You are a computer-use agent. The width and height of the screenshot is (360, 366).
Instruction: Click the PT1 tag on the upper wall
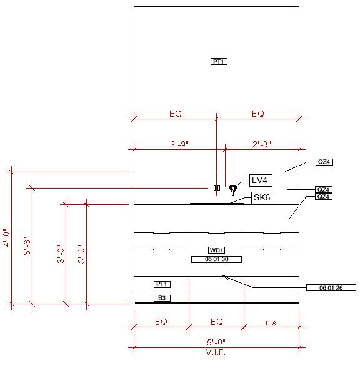tap(219, 62)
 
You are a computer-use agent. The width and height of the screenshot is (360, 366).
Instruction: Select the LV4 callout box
tap(261, 181)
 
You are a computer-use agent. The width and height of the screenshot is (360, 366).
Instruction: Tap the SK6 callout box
tap(262, 198)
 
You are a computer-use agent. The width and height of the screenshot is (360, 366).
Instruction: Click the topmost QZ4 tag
tap(324, 162)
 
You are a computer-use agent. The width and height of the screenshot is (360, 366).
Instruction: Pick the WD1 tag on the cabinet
tap(216, 250)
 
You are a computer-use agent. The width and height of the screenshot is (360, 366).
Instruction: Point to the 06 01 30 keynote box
tap(216, 259)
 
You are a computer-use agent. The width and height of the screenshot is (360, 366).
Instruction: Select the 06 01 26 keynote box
tap(331, 287)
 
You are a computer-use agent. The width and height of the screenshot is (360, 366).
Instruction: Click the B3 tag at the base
tap(162, 298)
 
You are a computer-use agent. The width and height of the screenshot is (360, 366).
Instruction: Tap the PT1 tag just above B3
tap(162, 284)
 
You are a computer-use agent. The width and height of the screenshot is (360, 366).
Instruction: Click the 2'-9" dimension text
tap(179, 144)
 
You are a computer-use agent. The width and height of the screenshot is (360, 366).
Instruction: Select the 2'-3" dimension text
tap(262, 144)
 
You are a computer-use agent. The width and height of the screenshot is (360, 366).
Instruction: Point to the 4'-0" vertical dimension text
tap(7, 237)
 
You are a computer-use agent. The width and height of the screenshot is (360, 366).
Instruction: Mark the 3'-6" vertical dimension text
tap(27, 246)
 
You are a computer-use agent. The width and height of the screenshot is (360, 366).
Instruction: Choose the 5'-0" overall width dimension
tap(216, 342)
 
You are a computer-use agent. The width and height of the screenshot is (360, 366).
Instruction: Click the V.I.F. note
tap(216, 352)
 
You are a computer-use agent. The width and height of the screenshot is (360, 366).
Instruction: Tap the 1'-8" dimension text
tap(271, 323)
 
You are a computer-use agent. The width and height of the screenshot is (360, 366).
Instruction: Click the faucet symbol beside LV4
tap(232, 189)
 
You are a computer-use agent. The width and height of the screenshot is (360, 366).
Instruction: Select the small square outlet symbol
tap(217, 188)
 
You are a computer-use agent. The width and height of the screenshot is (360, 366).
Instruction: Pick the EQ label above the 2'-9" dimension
tap(176, 114)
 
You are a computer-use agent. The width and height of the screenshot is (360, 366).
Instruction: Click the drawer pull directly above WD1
tap(216, 232)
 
